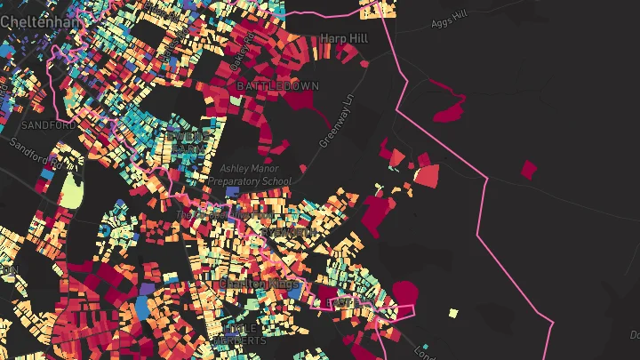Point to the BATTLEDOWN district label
point(271,85)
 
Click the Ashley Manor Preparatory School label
point(249,174)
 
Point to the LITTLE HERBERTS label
point(239,333)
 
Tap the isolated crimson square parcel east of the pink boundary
point(529,169)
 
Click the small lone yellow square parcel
point(453,313)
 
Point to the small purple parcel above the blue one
point(147,289)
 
